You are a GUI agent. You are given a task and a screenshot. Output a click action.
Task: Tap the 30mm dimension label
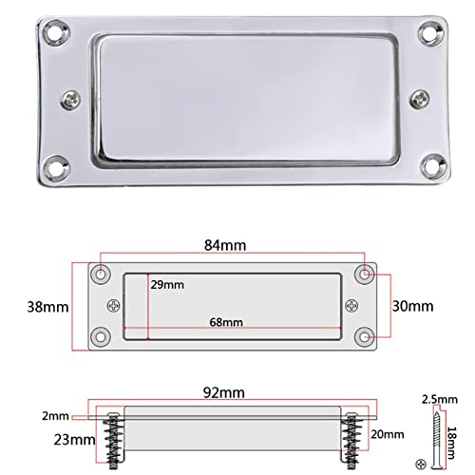click(x=411, y=306)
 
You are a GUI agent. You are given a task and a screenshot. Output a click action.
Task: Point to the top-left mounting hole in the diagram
click(x=102, y=274)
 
